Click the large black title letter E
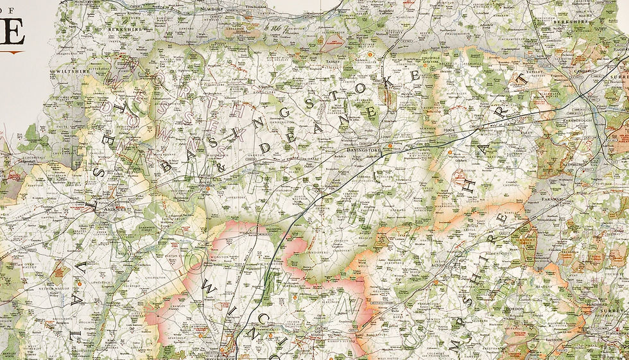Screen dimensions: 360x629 12,32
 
